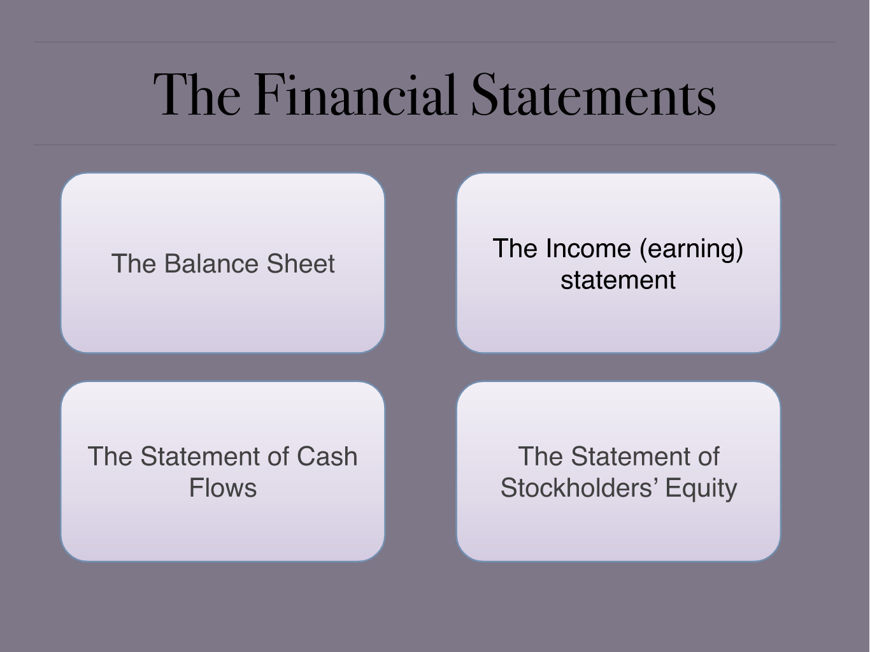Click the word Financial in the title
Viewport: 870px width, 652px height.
tap(355, 95)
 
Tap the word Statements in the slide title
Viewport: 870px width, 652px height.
tap(594, 95)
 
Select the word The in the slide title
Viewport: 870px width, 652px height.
tap(197, 95)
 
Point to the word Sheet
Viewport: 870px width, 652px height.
tap(301, 264)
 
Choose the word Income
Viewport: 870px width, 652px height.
tap(588, 249)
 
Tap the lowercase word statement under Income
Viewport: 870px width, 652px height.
tap(618, 280)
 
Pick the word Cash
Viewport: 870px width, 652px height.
tap(327, 457)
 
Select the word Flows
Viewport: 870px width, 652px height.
tap(223, 488)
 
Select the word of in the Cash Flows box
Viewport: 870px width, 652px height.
tap(278, 457)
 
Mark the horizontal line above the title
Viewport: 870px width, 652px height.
tap(435, 42)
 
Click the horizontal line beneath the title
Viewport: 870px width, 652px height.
tap(435, 145)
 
